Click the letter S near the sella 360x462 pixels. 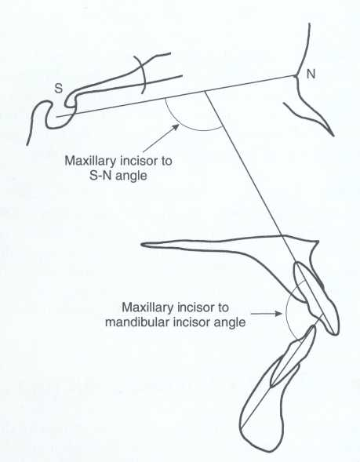[x=59, y=88]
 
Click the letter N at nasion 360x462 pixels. [x=311, y=74]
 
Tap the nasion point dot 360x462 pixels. [x=296, y=76]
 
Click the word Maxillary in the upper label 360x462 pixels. [x=89, y=161]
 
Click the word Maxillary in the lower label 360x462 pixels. [x=147, y=308]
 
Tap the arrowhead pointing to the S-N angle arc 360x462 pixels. [x=176, y=127]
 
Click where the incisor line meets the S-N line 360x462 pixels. [x=205, y=92]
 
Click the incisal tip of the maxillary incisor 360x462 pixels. [x=335, y=334]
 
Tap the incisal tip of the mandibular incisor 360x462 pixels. [x=314, y=326]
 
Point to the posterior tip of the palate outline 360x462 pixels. [x=142, y=244]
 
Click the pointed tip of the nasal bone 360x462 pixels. [x=333, y=136]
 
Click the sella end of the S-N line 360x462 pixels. [x=56, y=117]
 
